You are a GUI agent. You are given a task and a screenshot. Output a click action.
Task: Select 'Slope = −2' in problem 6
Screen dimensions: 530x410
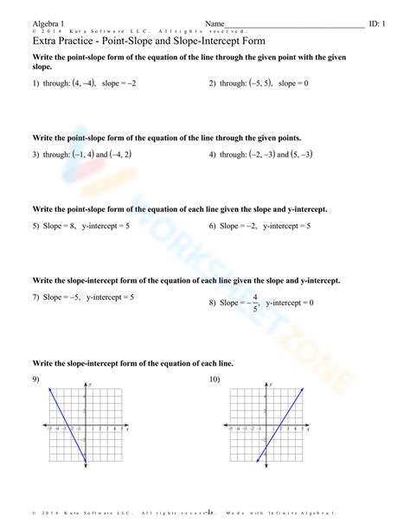[x=239, y=226]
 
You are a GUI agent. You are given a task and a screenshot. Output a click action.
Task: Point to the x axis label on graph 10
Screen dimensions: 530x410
[x=307, y=429]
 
